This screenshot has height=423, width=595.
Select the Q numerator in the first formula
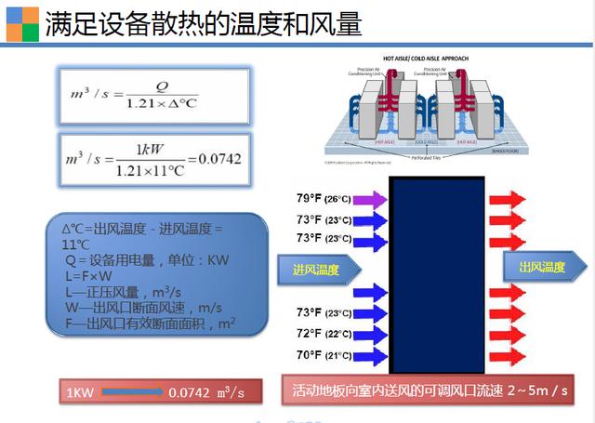tap(161, 85)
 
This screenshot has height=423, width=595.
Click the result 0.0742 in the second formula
tap(220, 158)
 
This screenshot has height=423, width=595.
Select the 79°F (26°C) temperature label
tap(324, 198)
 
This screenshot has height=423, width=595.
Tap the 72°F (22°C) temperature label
tap(324, 333)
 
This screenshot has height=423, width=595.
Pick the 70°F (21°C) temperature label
tap(324, 355)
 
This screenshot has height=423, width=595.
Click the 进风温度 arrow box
tap(315, 270)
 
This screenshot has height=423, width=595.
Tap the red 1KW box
tap(78, 392)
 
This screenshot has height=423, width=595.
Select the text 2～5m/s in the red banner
tap(537, 390)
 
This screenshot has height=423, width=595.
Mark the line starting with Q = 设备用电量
tap(139, 259)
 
